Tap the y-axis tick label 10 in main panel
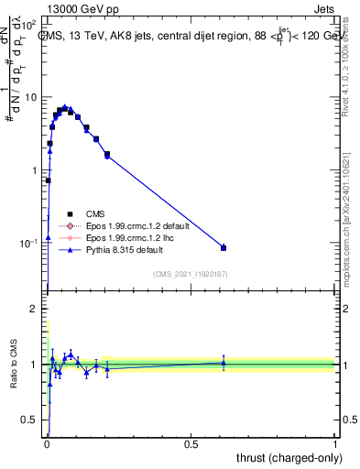tap(30, 97)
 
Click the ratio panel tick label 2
tap(35, 310)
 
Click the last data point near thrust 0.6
tap(224, 247)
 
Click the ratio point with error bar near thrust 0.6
tap(224, 363)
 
